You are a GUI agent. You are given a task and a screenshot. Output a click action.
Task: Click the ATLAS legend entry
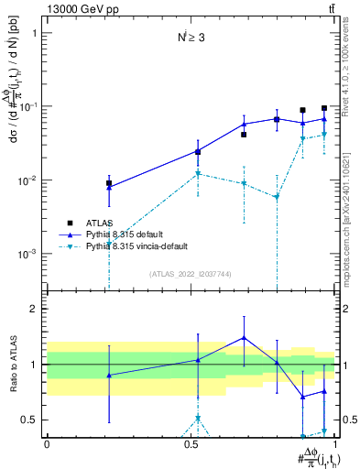point(100,223)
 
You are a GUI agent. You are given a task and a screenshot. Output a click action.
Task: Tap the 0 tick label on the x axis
point(47,442)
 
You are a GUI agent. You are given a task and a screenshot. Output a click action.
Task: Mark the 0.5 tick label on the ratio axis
point(30,420)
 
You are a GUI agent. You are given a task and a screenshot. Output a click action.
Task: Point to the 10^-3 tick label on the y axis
point(27,254)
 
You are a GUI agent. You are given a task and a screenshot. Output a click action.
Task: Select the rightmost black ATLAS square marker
point(324,108)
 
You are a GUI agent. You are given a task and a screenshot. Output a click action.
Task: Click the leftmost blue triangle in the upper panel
point(109,187)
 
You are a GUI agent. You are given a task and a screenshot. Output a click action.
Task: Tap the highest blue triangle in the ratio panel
point(244,337)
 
